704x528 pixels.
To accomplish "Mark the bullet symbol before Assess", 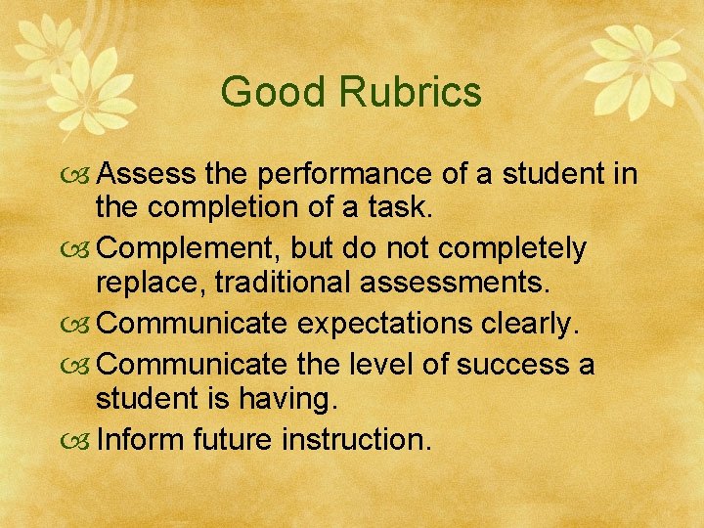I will [82, 176].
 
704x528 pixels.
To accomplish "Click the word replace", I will [150, 284].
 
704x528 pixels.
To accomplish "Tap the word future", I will [232, 440].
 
